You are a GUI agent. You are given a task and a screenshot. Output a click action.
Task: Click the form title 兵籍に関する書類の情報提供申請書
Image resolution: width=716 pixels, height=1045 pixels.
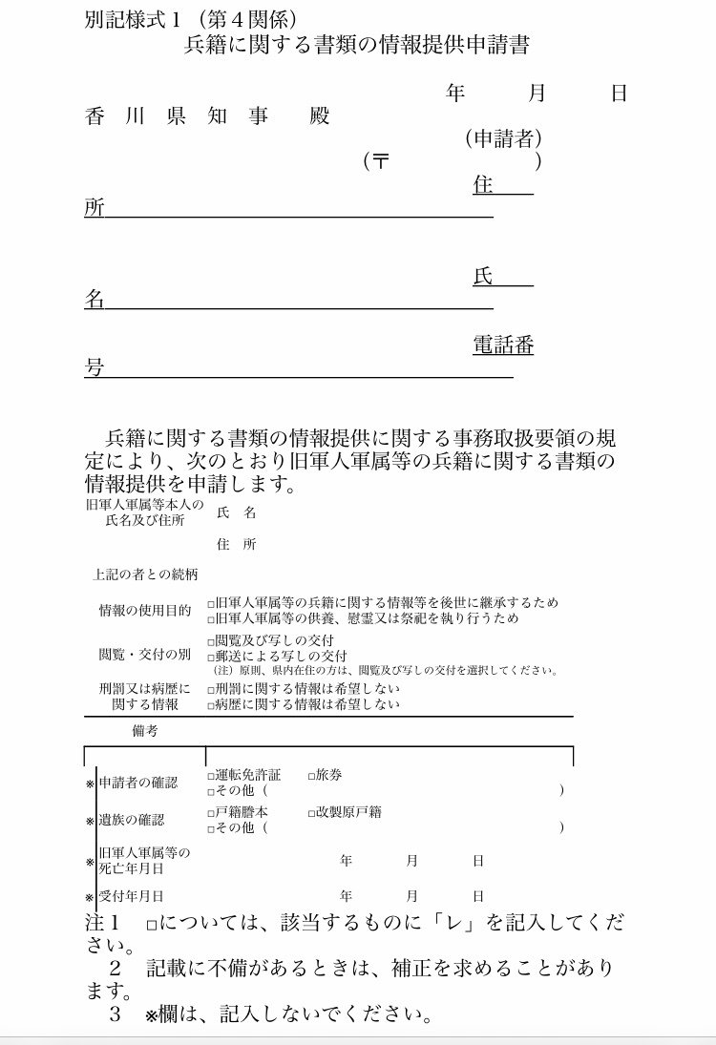click(356, 45)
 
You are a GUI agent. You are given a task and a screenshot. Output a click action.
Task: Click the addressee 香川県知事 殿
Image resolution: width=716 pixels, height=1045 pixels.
click(206, 116)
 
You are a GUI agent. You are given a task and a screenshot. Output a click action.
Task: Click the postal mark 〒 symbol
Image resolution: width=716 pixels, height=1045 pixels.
click(381, 161)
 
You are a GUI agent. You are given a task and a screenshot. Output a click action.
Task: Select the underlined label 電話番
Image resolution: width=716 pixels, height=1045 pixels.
click(503, 345)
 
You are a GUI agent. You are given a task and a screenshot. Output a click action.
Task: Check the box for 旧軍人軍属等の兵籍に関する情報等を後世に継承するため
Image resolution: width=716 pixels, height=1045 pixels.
click(211, 604)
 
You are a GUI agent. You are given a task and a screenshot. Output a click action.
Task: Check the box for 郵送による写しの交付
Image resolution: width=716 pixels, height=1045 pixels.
click(211, 657)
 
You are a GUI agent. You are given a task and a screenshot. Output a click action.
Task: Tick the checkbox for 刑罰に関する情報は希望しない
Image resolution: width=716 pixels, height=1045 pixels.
click(211, 689)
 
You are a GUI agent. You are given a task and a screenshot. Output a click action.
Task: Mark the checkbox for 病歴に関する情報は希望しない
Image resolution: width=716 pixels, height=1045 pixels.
click(211, 705)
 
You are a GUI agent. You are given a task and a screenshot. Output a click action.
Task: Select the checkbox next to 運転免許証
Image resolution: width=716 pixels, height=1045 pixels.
click(211, 776)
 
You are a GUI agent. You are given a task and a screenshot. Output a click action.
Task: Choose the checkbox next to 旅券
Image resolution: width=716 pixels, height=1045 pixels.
click(311, 776)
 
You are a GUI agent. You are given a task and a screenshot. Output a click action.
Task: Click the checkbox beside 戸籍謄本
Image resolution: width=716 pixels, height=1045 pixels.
click(211, 813)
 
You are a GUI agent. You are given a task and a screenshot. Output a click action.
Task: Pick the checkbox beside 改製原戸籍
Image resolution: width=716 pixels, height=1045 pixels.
click(311, 813)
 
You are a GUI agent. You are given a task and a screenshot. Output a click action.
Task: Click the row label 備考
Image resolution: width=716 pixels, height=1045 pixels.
click(145, 731)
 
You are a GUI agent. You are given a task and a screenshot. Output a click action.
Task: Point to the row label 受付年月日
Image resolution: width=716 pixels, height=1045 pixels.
click(131, 896)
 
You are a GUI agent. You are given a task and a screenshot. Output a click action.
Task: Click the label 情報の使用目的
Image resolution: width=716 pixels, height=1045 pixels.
click(144, 611)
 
